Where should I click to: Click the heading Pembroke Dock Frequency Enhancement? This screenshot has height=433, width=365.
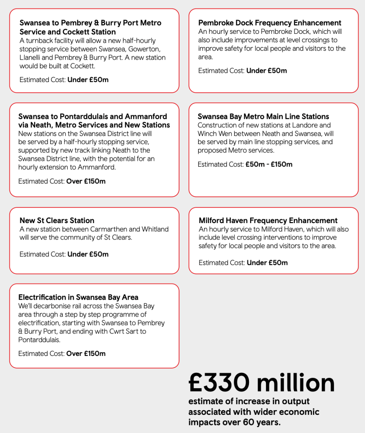pyautogui.click(x=270, y=23)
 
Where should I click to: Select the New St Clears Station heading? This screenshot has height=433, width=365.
pyautogui.click(x=57, y=221)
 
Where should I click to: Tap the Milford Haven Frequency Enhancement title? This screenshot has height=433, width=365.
pyautogui.click(x=268, y=221)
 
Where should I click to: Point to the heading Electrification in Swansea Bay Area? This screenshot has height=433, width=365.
pyautogui.click(x=78, y=297)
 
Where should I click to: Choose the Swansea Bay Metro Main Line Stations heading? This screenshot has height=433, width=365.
pyautogui.click(x=263, y=116)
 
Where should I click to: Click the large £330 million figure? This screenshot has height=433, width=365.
pyautogui.click(x=261, y=383)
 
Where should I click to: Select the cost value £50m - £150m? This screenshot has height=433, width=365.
pyautogui.click(x=269, y=164)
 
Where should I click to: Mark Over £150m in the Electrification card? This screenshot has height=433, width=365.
pyautogui.click(x=86, y=353)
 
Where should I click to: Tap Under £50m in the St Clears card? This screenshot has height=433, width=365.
pyautogui.click(x=88, y=254)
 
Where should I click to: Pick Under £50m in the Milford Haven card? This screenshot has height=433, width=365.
pyautogui.click(x=267, y=263)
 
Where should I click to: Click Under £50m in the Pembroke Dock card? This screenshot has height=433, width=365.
pyautogui.click(x=266, y=71)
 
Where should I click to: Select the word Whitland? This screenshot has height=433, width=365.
pyautogui.click(x=154, y=229)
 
